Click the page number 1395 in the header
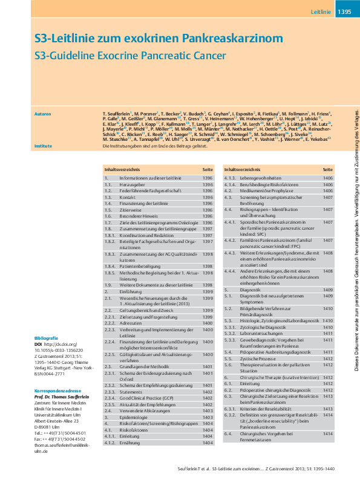click(x=344, y=12)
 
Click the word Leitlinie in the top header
click(x=321, y=12)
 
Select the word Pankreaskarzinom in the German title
click(x=233, y=39)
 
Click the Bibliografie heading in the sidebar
click(x=46, y=337)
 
